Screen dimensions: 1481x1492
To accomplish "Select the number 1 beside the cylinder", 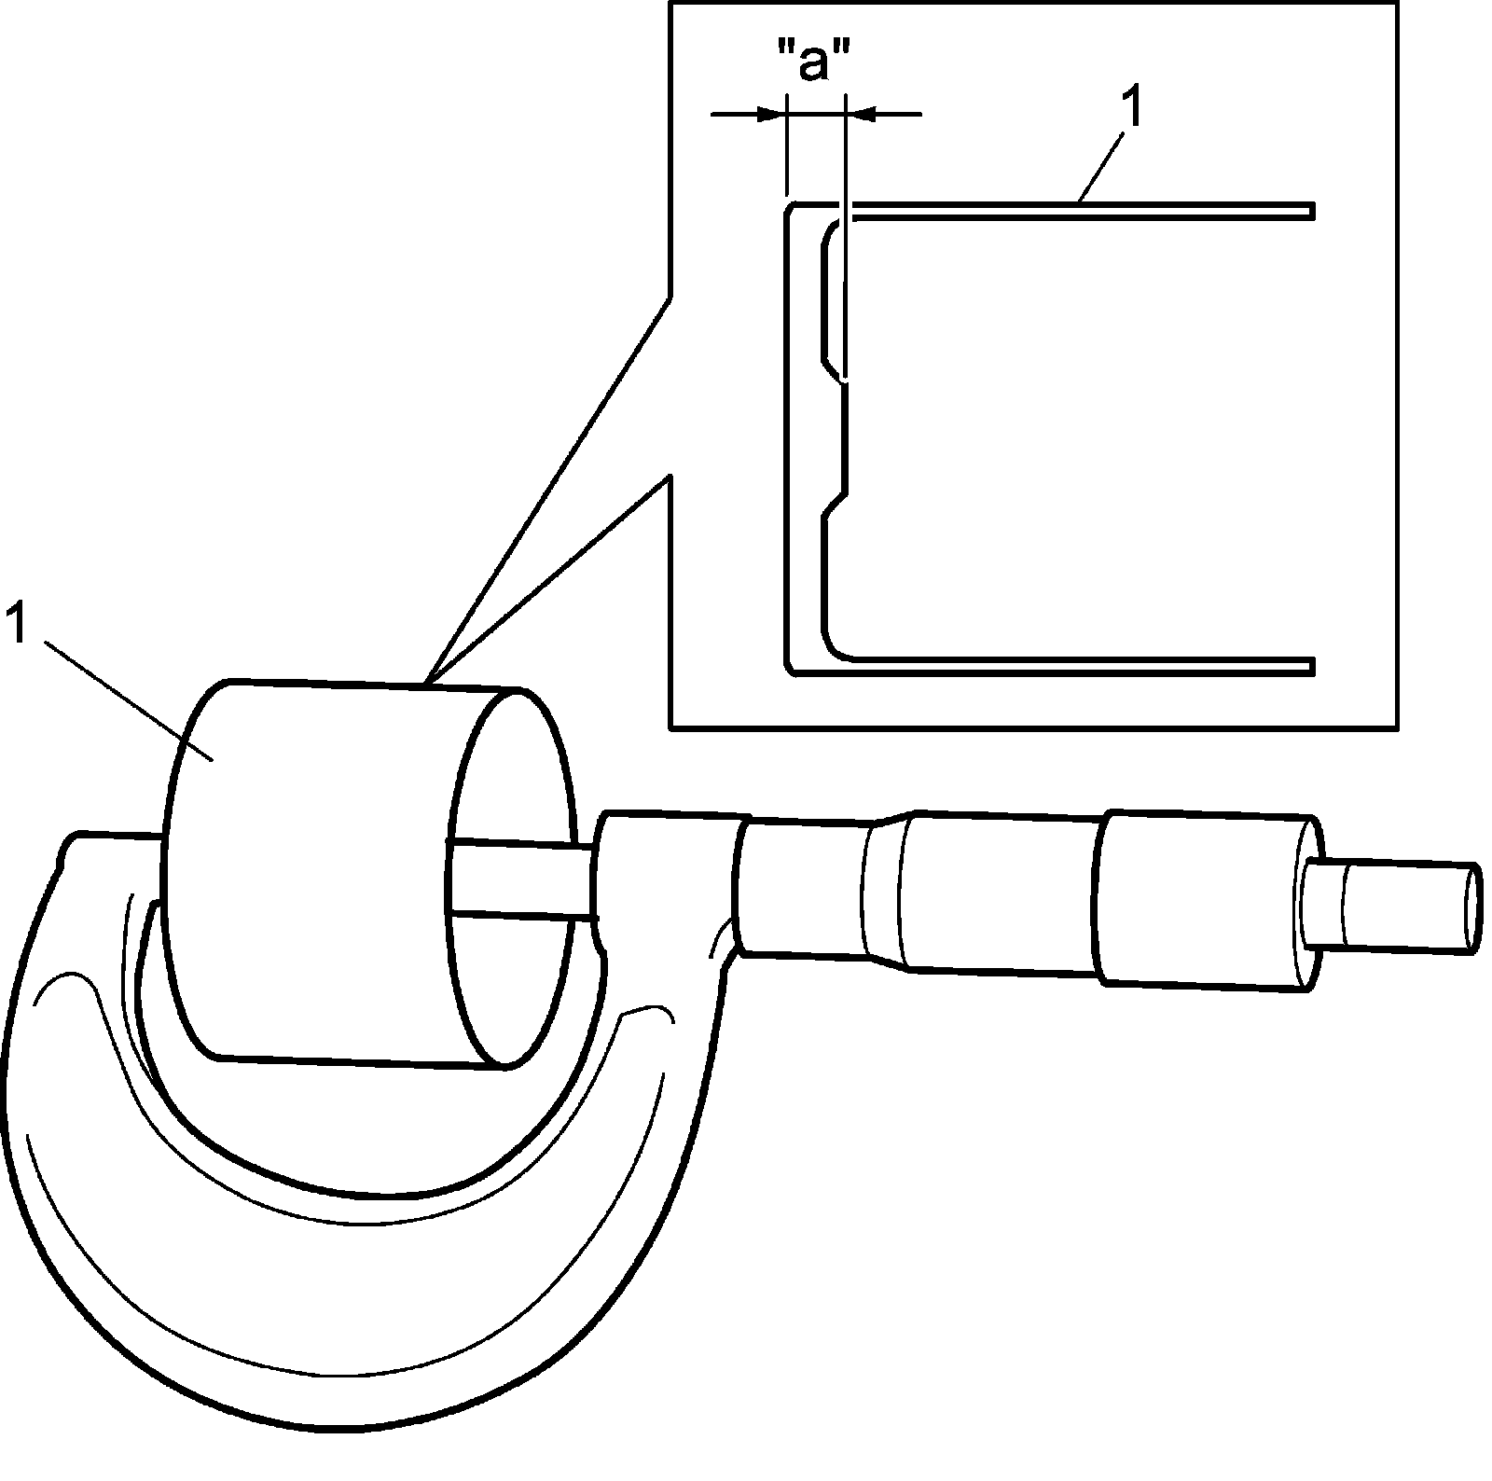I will click(x=17, y=623).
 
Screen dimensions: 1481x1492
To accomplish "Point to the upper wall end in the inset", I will click(x=1310, y=211).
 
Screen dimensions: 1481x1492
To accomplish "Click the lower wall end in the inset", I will click(x=1310, y=666).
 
